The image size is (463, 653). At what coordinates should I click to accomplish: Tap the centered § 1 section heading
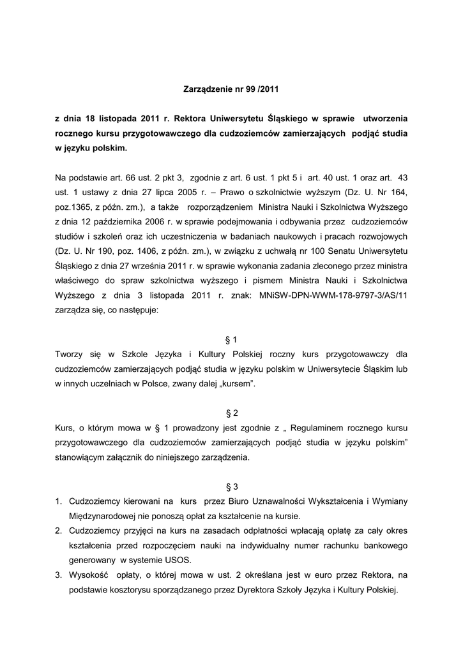coord(232,339)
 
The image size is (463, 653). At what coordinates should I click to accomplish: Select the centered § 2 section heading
coord(232,413)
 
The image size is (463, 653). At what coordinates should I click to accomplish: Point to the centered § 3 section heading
coord(232,486)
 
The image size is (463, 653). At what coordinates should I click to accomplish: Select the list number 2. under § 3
coord(58,531)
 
